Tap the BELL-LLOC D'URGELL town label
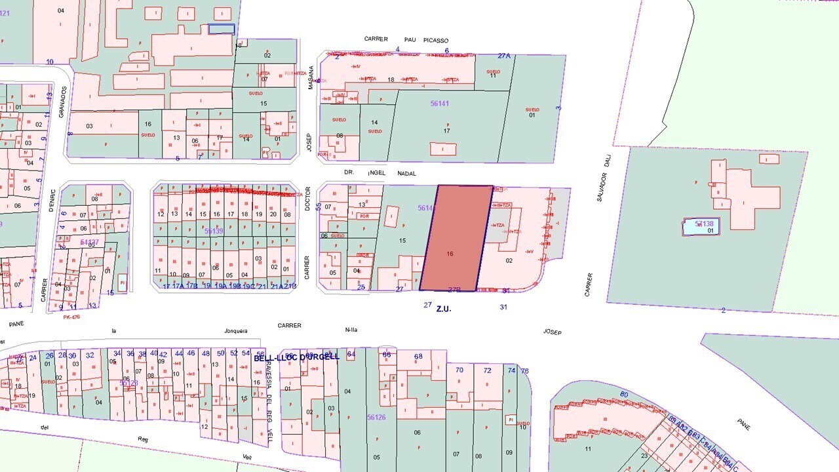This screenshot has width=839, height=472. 297,357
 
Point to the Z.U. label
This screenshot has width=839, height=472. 444,308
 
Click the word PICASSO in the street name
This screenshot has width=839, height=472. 436,40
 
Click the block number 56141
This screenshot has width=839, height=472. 440,104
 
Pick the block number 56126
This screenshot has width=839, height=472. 376,417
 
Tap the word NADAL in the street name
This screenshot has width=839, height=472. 407,174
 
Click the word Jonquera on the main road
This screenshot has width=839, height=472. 236,331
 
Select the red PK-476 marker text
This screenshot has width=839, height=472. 71,317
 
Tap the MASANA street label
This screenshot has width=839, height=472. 311,77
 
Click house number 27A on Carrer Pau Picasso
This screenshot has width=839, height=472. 504,56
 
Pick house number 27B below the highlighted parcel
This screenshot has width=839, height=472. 454,290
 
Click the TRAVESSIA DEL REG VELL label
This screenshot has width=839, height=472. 269,393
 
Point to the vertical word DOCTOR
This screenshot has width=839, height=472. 307,197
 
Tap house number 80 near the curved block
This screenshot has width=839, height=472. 624,394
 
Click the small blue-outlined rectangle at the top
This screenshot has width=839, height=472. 222,29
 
